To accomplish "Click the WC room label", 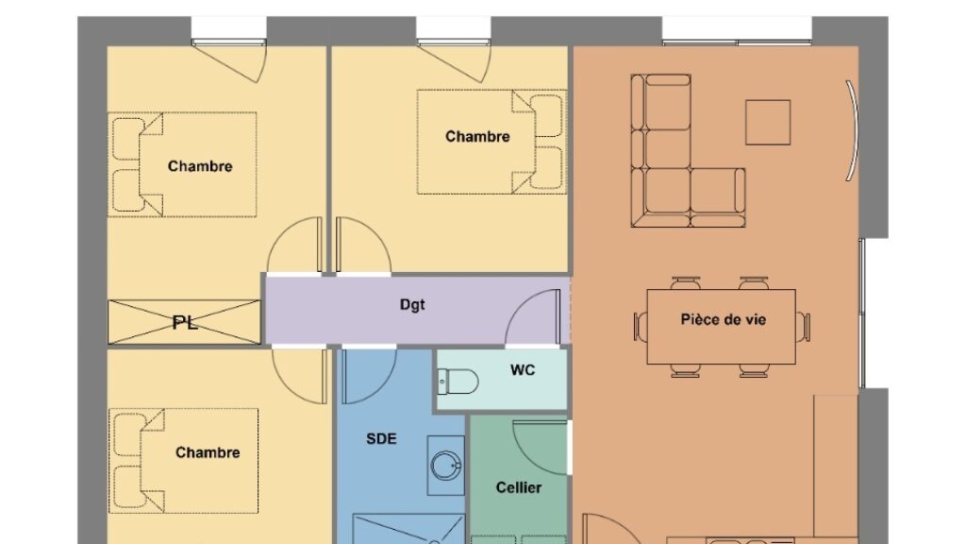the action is (523, 370).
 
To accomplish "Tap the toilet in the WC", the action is (458, 382).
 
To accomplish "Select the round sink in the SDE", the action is (446, 466).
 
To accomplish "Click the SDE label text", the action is (381, 439).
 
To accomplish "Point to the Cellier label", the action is (519, 488).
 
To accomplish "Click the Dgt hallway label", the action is (412, 305).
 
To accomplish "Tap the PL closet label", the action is (185, 322).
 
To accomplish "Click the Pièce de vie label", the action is (724, 319).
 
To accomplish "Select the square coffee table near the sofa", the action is (768, 122).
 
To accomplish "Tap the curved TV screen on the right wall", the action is (853, 130).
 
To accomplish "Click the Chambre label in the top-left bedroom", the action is (200, 166).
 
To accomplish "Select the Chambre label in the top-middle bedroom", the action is (477, 136).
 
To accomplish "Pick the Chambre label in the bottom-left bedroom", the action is (208, 452).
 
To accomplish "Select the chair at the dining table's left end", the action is (641, 326).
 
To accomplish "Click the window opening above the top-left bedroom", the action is (228, 29).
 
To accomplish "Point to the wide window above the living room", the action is (737, 30).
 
